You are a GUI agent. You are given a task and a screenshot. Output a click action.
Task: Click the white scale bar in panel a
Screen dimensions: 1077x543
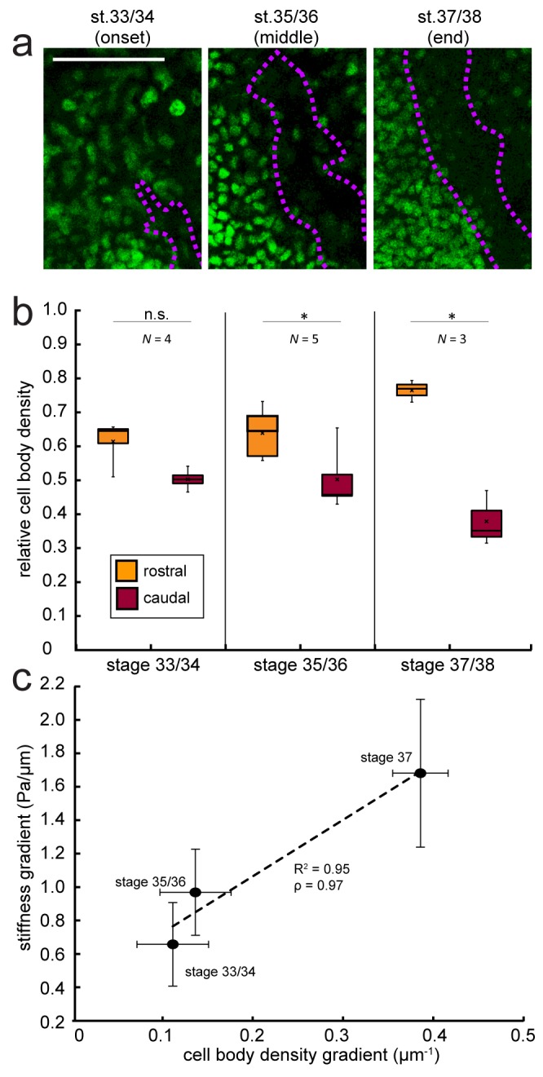[x=108, y=60]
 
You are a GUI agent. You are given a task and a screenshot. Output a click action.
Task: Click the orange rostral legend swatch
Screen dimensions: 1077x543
[x=128, y=570]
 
